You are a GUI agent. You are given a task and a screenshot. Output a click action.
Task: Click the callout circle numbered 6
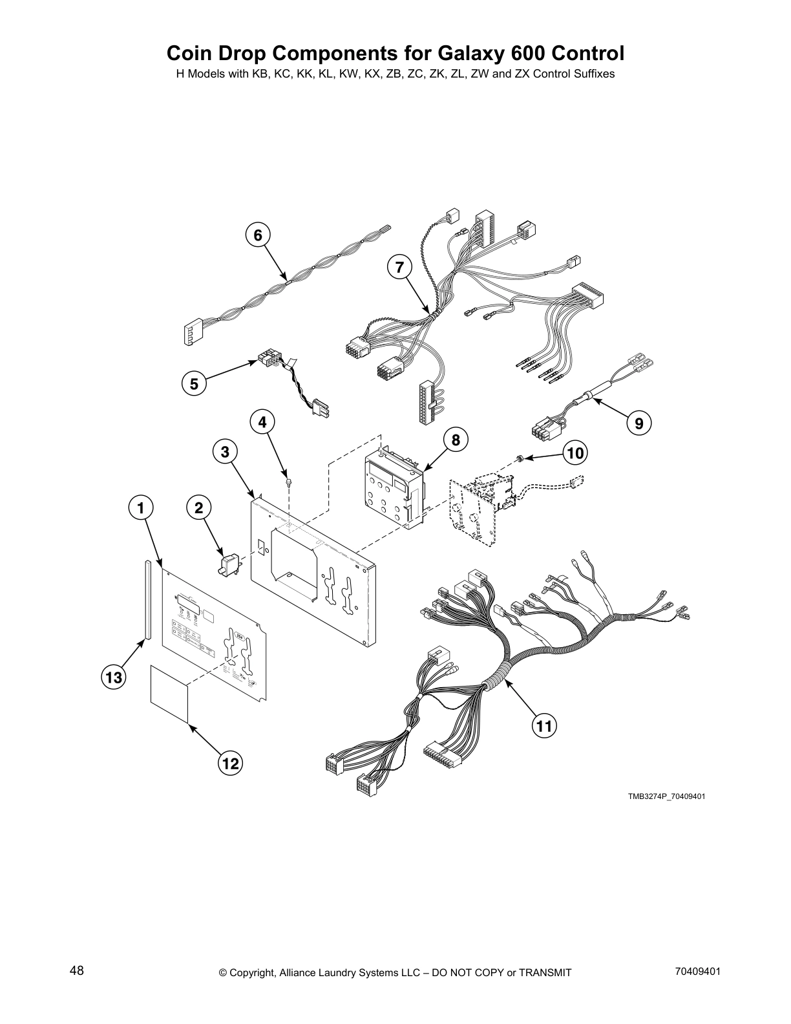(258, 235)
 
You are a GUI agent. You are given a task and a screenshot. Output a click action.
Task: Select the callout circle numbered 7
(399, 266)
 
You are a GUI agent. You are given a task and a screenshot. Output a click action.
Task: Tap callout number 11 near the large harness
(544, 726)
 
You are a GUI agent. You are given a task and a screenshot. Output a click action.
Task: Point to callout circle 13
(114, 678)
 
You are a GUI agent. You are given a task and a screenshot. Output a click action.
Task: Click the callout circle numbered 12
(229, 763)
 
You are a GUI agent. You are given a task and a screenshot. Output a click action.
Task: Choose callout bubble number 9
(638, 423)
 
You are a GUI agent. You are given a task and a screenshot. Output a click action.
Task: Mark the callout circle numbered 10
(575, 453)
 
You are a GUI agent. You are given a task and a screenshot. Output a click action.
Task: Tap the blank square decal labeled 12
(169, 691)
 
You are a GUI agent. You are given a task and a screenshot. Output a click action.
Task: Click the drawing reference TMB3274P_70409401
(666, 796)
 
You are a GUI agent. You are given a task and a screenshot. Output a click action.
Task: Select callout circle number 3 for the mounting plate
(225, 452)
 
